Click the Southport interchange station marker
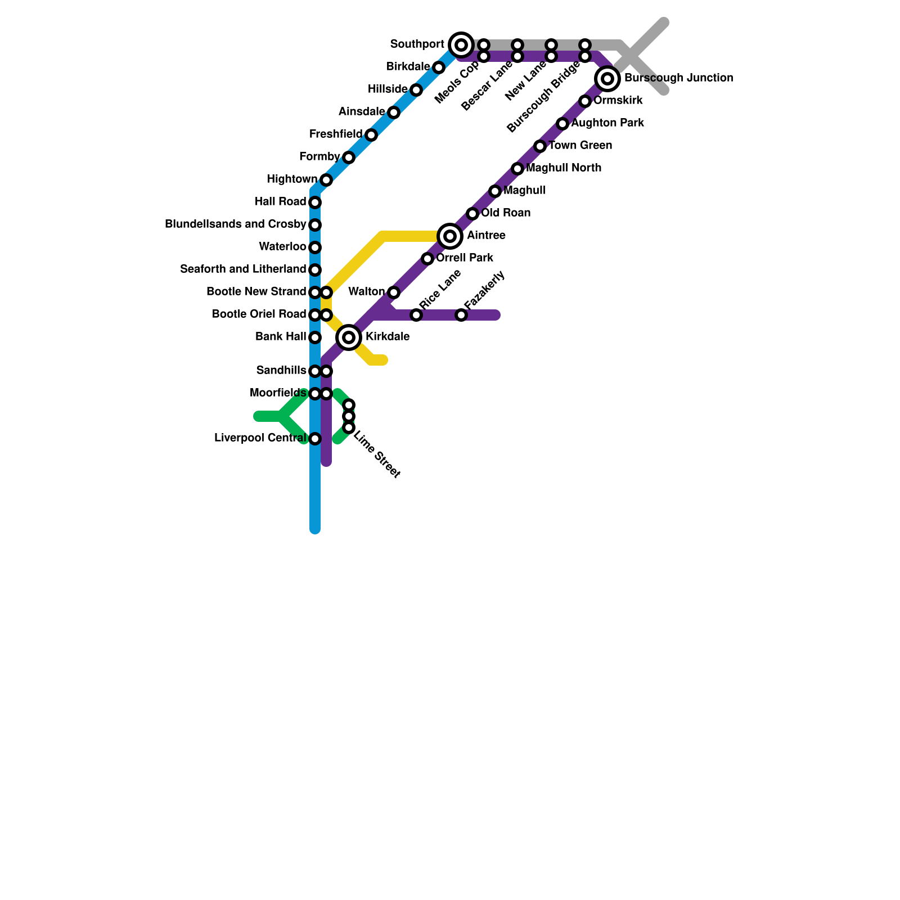pyautogui.click(x=461, y=44)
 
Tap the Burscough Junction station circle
pyautogui.click(x=607, y=78)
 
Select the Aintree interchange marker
pyautogui.click(x=450, y=236)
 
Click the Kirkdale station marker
pyautogui.click(x=349, y=337)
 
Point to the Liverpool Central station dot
pyautogui.click(x=315, y=438)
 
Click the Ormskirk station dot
pyautogui.click(x=585, y=101)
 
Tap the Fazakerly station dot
pyautogui.click(x=461, y=315)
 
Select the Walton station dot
pyautogui.click(x=394, y=292)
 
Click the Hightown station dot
pyautogui.click(x=326, y=180)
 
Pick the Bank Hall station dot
pyautogui.click(x=315, y=337)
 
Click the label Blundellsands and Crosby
pyautogui.click(x=235, y=224)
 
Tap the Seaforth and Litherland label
pyautogui.click(x=243, y=269)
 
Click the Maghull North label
pyautogui.click(x=564, y=168)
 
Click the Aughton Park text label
pyautogui.click(x=607, y=123)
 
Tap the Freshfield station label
pyautogui.click(x=336, y=134)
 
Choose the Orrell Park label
pyautogui.click(x=465, y=258)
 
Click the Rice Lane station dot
pyautogui.click(x=416, y=315)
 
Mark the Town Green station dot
pyautogui.click(x=540, y=146)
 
